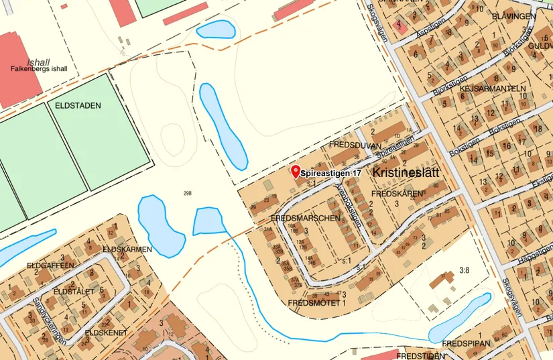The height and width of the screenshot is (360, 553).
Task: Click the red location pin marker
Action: tap(296, 170)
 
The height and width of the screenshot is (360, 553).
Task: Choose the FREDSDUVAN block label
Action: tap(355, 145)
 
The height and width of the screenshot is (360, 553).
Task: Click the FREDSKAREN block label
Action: tap(397, 194)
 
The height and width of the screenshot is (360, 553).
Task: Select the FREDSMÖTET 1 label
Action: tap(316, 303)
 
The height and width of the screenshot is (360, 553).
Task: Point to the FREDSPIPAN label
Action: tap(467, 343)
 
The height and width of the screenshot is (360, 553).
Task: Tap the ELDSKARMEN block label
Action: tap(127, 249)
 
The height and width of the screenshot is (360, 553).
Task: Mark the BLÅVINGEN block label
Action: tap(513, 15)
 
